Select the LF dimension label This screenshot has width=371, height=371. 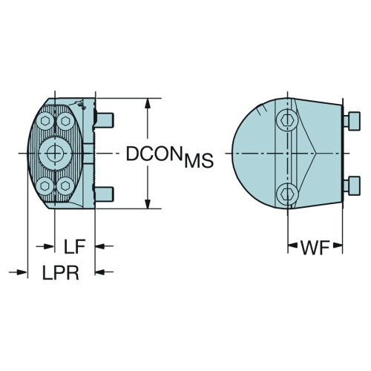[75, 246]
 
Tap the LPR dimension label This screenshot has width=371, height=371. [61, 272]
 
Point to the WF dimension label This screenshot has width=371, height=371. [315, 247]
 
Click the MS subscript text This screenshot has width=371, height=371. [199, 161]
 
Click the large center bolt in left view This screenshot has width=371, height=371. [55, 153]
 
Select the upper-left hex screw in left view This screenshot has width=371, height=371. [45, 121]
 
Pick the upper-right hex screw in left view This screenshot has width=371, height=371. [65, 121]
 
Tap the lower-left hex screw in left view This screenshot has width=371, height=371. [45, 185]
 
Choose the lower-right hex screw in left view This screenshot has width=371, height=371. [65, 185]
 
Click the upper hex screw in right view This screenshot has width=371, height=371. [287, 120]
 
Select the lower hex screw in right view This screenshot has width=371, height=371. [287, 193]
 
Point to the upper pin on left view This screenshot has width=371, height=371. [105, 120]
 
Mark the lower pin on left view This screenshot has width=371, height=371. [105, 194]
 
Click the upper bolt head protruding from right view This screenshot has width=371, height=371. [352, 121]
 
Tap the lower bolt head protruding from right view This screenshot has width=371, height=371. [352, 186]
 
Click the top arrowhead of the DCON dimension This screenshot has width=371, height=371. [148, 103]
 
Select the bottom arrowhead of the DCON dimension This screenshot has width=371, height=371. [148, 203]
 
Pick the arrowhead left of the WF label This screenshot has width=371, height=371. [293, 246]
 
